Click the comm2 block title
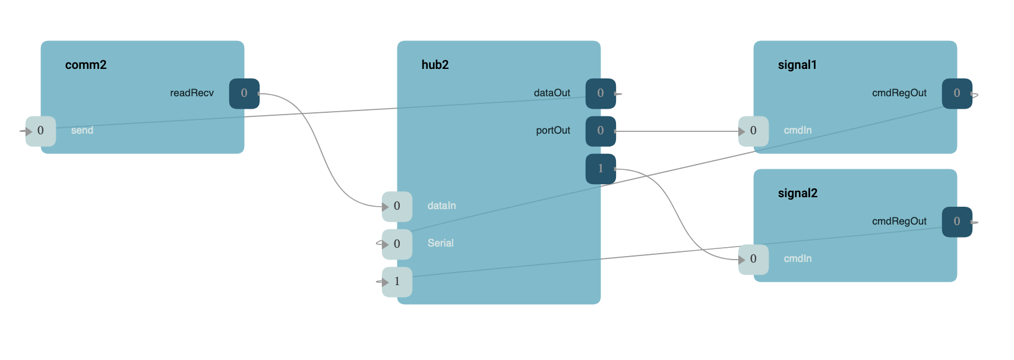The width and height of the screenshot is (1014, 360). click(x=86, y=65)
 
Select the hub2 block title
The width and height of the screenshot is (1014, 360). click(x=435, y=65)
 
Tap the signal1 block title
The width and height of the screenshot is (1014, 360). click(x=797, y=65)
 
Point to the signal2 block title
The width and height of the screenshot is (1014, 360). click(x=797, y=193)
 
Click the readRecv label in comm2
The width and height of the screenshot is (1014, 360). click(x=192, y=93)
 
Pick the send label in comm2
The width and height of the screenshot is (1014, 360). click(x=82, y=130)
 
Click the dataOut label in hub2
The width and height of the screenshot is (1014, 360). click(x=552, y=93)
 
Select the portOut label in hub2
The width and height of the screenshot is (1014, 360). click(x=553, y=130)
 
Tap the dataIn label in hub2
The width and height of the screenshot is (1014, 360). click(x=441, y=206)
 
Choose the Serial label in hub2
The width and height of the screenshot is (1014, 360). click(x=440, y=243)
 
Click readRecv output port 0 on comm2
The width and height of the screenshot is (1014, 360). click(x=244, y=93)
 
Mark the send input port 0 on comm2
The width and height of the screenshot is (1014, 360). click(x=40, y=131)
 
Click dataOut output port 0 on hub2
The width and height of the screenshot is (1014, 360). click(x=601, y=93)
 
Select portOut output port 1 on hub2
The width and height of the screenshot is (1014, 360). click(x=601, y=169)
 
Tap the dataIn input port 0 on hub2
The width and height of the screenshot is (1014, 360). click(x=397, y=206)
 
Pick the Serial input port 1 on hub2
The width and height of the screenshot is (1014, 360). click(x=397, y=282)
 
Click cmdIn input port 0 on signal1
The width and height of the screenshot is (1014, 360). click(x=753, y=131)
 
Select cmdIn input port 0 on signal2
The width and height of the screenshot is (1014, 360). click(x=753, y=259)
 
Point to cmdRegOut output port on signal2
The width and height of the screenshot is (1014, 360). click(x=957, y=222)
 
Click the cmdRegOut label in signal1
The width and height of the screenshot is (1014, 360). click(x=899, y=93)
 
